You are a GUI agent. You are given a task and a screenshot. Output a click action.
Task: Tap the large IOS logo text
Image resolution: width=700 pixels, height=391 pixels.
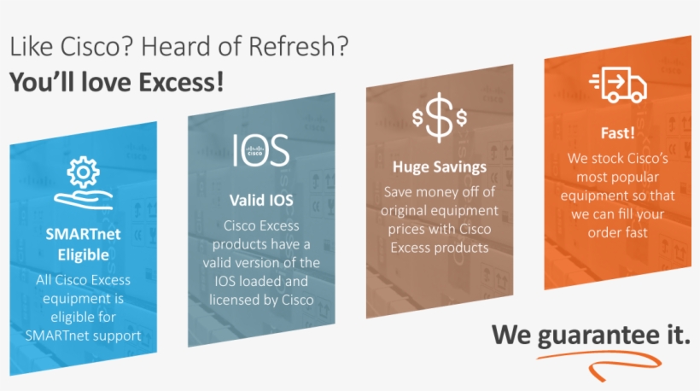pos(260,149)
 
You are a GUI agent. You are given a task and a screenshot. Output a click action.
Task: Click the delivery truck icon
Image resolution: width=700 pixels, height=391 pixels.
pos(617,85)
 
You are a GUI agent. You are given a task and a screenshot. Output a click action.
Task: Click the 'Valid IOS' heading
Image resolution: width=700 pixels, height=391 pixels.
pos(260,200)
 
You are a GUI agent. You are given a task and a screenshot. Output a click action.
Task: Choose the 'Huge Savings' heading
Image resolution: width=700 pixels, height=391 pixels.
pos(439,166)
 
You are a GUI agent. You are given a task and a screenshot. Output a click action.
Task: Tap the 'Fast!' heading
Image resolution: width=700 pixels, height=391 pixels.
pos(617,134)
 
